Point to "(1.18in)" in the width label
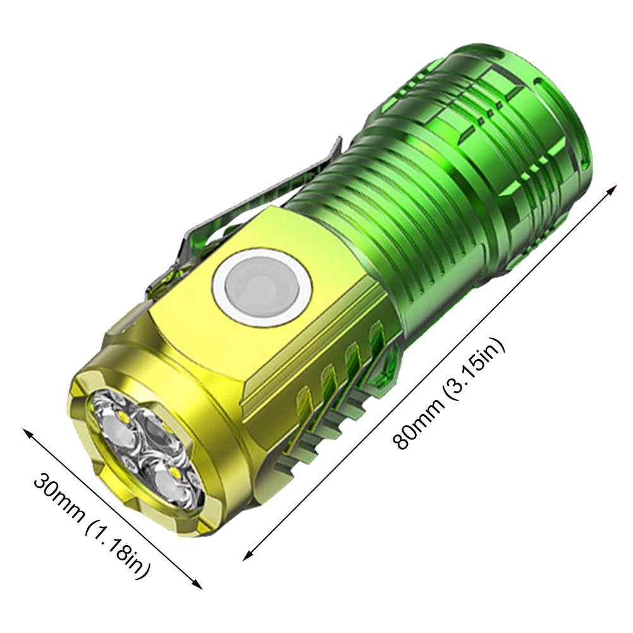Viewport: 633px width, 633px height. (x=120, y=550)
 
